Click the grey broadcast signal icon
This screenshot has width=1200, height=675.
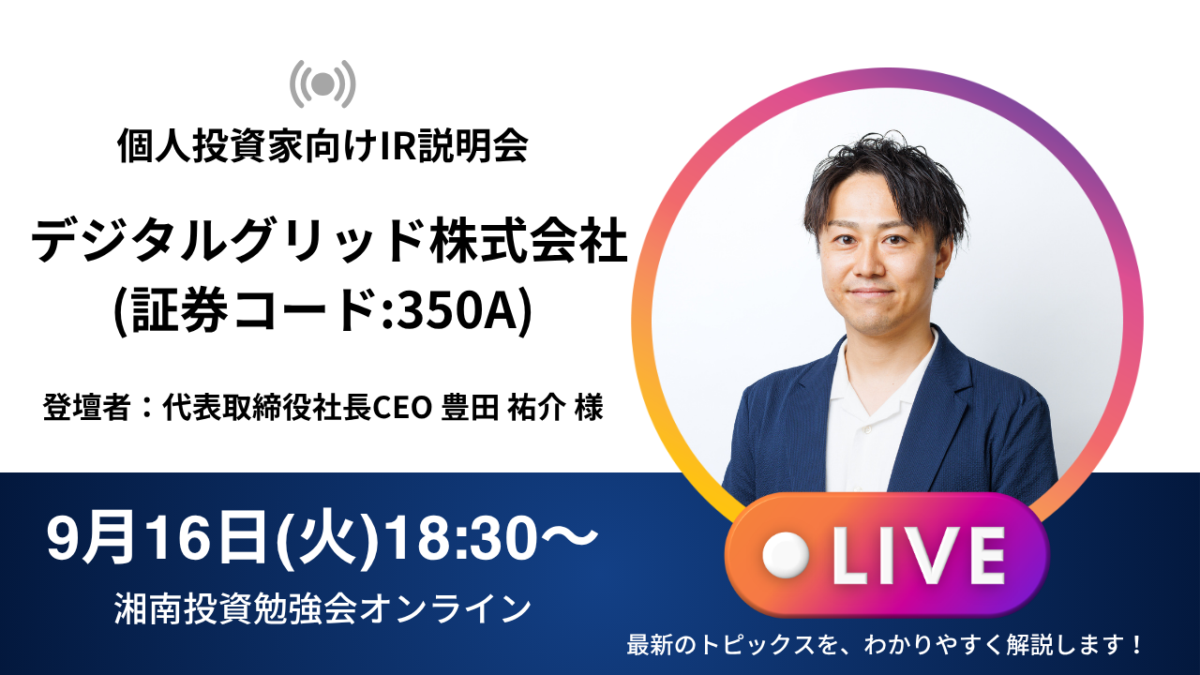point(322,83)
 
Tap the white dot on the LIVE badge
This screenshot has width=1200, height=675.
point(786,555)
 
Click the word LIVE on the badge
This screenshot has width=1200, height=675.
point(918,555)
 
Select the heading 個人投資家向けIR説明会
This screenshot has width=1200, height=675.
point(322,145)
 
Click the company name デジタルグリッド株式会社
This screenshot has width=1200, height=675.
point(329,240)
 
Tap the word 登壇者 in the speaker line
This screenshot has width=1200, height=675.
point(87,408)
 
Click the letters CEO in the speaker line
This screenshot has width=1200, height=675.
point(402,408)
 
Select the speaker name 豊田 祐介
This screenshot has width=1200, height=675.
point(503,408)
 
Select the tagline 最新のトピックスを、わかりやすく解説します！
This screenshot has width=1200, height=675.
point(885,645)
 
